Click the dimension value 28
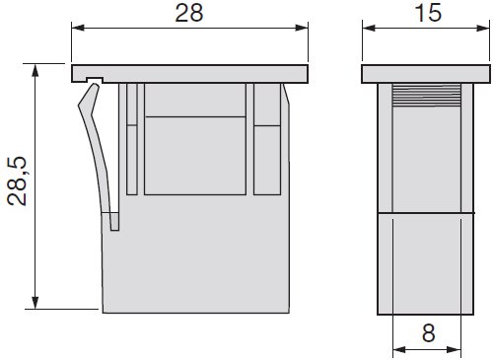189,14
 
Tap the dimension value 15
428,14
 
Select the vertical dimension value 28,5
17,181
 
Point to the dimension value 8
428,333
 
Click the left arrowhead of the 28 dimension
78,28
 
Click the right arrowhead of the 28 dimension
302,28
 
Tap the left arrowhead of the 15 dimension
369,28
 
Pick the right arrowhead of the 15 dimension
483,28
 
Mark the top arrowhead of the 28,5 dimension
35,70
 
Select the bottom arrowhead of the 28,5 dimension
35,303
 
